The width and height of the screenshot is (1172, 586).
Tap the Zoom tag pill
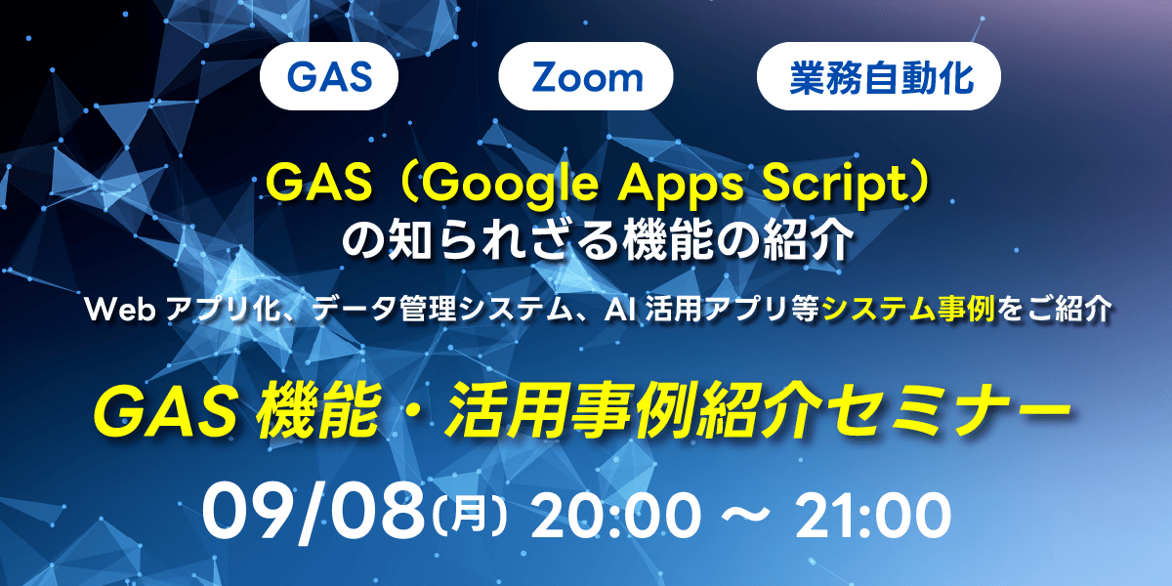click(x=586, y=78)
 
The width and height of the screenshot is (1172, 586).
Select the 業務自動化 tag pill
click(x=880, y=78)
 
